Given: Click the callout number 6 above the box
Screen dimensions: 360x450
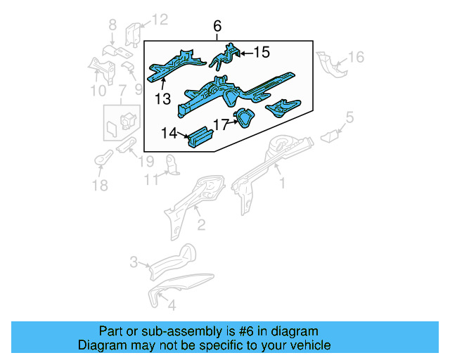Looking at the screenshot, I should tap(217, 27).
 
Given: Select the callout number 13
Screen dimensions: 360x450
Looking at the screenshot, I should tap(163, 99).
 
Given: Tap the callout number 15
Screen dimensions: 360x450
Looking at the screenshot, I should tap(261, 52).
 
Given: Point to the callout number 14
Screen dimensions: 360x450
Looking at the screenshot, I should tap(169, 131).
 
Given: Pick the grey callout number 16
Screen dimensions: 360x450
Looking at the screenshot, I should tap(356, 56).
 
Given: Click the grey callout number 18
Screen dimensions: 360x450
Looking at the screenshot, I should tap(101, 185).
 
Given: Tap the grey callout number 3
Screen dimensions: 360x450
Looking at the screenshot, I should tap(134, 262).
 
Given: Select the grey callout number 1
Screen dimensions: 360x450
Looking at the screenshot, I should tap(283, 184).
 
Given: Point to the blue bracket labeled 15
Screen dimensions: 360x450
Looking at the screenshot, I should tap(226, 56).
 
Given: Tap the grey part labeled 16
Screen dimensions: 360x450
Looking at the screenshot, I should tap(330, 65).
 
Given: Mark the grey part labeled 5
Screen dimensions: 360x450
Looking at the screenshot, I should tap(329, 136).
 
